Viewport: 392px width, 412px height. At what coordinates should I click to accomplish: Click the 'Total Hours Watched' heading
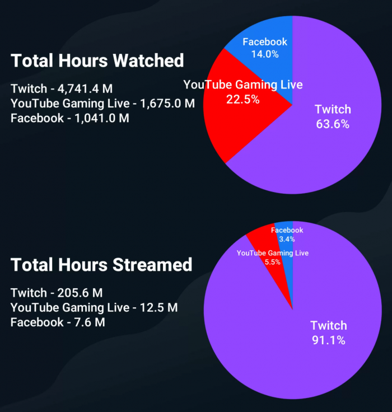coord(97,60)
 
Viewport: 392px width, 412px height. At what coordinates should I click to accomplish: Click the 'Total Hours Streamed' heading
coord(101,265)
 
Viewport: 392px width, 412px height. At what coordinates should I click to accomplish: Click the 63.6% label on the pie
coord(333,124)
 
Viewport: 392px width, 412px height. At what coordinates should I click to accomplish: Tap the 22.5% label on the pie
coord(242,100)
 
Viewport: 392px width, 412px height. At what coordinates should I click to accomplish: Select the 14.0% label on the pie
coord(264,54)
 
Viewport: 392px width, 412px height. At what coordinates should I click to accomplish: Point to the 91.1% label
coord(328,340)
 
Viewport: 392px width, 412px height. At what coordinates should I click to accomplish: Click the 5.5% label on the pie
coord(272,262)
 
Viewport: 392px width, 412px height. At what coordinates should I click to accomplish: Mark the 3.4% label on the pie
coord(287,239)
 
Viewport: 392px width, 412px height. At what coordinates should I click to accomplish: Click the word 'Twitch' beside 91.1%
coord(329,326)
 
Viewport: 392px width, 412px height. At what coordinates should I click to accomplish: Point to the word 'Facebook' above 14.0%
coord(264,42)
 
